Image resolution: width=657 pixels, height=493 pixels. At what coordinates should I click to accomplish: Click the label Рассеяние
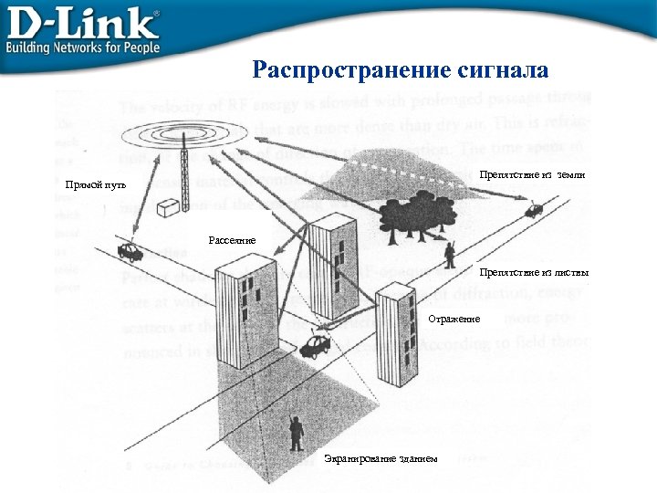(232, 240)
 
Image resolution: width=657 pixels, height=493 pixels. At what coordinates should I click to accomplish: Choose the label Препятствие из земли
(531, 173)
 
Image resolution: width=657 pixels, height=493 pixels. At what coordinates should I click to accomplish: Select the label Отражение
(454, 319)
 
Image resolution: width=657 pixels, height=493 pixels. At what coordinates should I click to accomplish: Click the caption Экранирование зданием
(381, 457)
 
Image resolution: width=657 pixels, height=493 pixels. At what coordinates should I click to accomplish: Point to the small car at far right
(534, 211)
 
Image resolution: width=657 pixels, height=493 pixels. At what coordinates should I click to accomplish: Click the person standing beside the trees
(449, 254)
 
